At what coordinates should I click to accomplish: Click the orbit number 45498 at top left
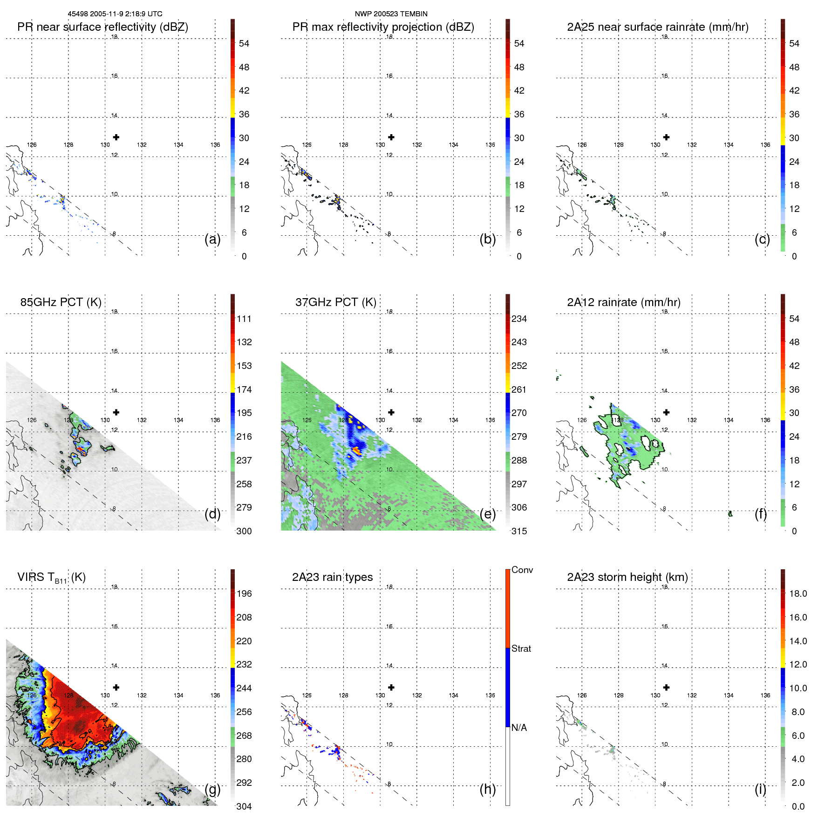tap(78, 14)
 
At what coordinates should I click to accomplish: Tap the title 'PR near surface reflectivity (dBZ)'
tap(102, 27)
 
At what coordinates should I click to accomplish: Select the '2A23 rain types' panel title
tap(332, 577)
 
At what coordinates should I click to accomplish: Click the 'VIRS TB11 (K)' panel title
tap(51, 578)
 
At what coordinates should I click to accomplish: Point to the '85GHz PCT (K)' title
tap(61, 302)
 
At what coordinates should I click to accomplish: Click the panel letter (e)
tap(487, 514)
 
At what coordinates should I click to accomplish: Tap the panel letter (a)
tap(212, 239)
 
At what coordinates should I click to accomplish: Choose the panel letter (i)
tap(760, 789)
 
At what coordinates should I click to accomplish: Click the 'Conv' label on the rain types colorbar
tap(522, 570)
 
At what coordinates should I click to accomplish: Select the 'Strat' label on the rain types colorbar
tap(521, 648)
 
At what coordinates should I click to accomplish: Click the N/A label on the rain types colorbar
tap(519, 728)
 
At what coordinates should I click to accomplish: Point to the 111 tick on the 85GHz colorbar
tap(244, 319)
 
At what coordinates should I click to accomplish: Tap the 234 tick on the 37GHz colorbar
tap(519, 319)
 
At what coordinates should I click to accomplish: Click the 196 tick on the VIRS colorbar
tap(244, 593)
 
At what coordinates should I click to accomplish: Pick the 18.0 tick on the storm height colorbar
tap(798, 593)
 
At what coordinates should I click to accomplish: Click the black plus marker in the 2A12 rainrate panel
tap(667, 412)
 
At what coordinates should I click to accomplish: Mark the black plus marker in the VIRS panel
tap(116, 687)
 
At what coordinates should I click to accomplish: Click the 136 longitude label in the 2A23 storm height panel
tap(765, 695)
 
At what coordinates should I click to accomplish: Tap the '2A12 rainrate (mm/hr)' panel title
tap(624, 302)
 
